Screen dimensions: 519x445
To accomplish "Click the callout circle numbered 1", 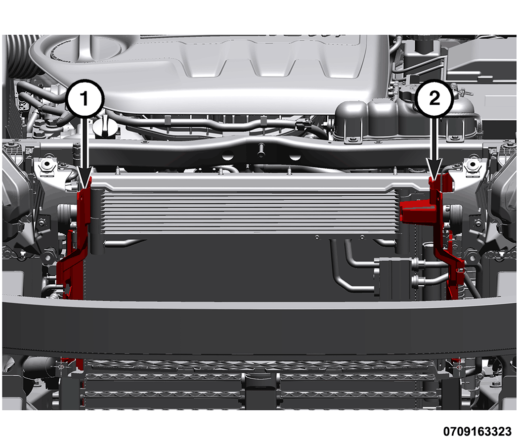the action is (85, 98).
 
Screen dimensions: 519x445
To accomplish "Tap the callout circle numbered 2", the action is (434, 98).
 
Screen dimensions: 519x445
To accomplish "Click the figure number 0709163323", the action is (477, 431).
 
